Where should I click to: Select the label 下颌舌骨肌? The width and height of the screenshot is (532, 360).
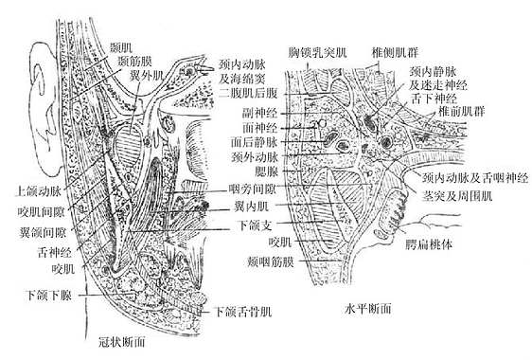242,311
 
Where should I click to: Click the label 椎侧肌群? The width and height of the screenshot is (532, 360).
399,46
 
